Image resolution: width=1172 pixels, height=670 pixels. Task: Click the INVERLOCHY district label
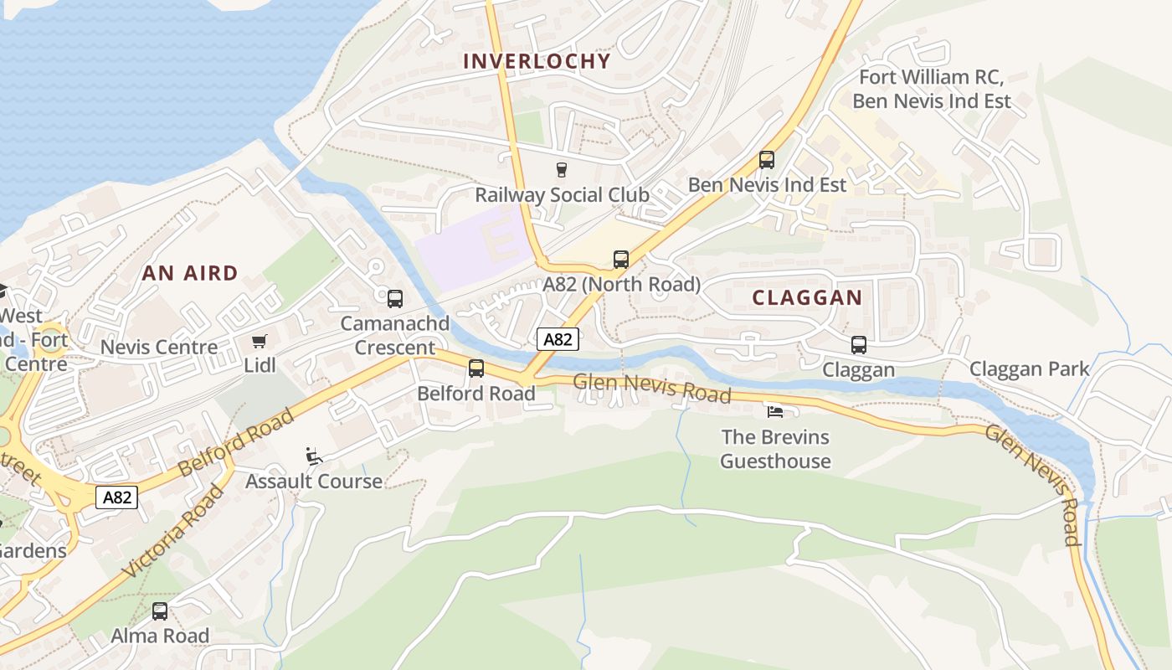pyautogui.click(x=537, y=61)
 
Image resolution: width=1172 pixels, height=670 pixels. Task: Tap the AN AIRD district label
pyautogui.click(x=190, y=273)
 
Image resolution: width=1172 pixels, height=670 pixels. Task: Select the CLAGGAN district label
pyautogui.click(x=807, y=297)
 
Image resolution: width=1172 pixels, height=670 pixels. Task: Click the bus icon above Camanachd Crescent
pyautogui.click(x=394, y=298)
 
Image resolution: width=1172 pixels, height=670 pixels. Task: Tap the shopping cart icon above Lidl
pyautogui.click(x=260, y=342)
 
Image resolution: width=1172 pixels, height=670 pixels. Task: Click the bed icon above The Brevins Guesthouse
pyautogui.click(x=775, y=412)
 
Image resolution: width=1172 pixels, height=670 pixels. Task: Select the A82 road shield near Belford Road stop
pyautogui.click(x=558, y=339)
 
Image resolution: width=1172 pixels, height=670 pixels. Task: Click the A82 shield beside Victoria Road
pyautogui.click(x=116, y=497)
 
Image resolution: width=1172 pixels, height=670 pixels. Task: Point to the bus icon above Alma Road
pyautogui.click(x=160, y=611)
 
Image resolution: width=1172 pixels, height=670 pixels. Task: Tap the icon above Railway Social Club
pyautogui.click(x=562, y=170)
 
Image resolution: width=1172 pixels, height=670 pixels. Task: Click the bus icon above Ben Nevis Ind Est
pyautogui.click(x=767, y=160)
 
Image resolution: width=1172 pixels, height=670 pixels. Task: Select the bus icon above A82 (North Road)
pyautogui.click(x=620, y=260)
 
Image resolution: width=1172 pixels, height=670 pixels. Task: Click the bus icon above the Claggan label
pyautogui.click(x=858, y=345)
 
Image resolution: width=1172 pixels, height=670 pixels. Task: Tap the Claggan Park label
pyautogui.click(x=1029, y=369)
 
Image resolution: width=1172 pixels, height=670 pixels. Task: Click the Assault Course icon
pyautogui.click(x=314, y=456)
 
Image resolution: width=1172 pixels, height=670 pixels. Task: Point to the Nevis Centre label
pyautogui.click(x=159, y=347)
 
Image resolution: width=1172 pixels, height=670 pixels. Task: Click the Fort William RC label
pyautogui.click(x=931, y=78)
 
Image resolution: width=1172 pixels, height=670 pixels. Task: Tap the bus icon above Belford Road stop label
pyautogui.click(x=475, y=368)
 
